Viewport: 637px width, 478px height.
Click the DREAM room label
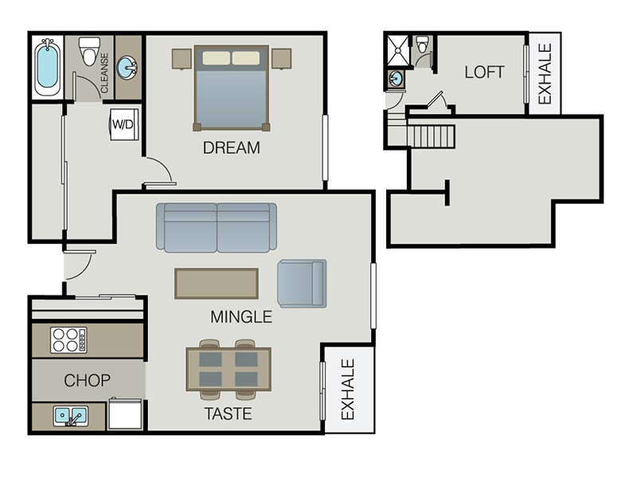(231, 147)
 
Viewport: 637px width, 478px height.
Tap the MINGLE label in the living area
(240, 317)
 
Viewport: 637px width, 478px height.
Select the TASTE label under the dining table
(228, 413)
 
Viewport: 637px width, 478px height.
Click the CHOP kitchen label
(87, 380)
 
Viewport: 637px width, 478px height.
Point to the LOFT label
(484, 72)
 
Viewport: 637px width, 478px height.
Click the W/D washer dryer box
(123, 124)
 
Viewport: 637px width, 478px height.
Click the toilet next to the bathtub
(89, 51)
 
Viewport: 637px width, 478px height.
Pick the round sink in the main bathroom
(127, 68)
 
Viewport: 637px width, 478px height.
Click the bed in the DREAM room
(231, 88)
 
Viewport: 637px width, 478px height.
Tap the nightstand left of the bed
(182, 58)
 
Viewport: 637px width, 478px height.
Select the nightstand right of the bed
(281, 58)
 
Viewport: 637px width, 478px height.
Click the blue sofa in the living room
(216, 227)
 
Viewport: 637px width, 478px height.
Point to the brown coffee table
(217, 284)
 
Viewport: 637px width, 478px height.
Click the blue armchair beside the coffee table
(301, 284)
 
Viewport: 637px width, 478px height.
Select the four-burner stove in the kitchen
(68, 340)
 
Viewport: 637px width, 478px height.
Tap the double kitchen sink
(70, 416)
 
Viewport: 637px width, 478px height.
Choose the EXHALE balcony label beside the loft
(545, 74)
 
